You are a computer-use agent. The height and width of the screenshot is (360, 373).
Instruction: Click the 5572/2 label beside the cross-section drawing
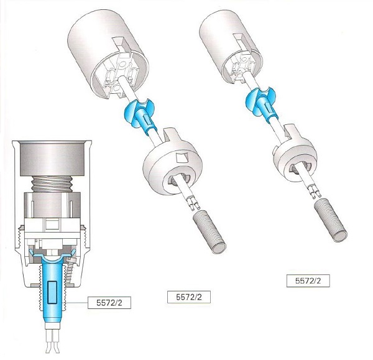pyautogui.click(x=109, y=302)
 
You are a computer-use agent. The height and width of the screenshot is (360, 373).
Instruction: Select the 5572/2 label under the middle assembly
pyautogui.click(x=189, y=297)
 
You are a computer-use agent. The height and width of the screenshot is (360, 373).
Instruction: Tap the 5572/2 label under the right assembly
pyautogui.click(x=308, y=281)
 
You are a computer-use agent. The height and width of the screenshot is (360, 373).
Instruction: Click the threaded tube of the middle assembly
pyautogui.click(x=209, y=232)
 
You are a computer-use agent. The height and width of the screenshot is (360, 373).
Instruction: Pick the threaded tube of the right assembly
pyautogui.click(x=331, y=221)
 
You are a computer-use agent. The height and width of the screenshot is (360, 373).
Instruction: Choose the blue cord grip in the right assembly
pyautogui.click(x=262, y=103)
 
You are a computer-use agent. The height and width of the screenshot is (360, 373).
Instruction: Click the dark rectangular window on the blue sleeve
pyautogui.click(x=52, y=292)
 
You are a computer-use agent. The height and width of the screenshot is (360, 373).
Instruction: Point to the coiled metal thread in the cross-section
pyautogui.click(x=52, y=184)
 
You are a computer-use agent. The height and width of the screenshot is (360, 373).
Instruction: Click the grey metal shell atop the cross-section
pyautogui.click(x=52, y=159)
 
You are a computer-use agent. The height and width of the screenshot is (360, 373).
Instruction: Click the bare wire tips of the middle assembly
pyautogui.click(x=194, y=203)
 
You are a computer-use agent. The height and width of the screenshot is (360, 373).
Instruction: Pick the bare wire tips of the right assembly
pyautogui.click(x=315, y=192)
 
